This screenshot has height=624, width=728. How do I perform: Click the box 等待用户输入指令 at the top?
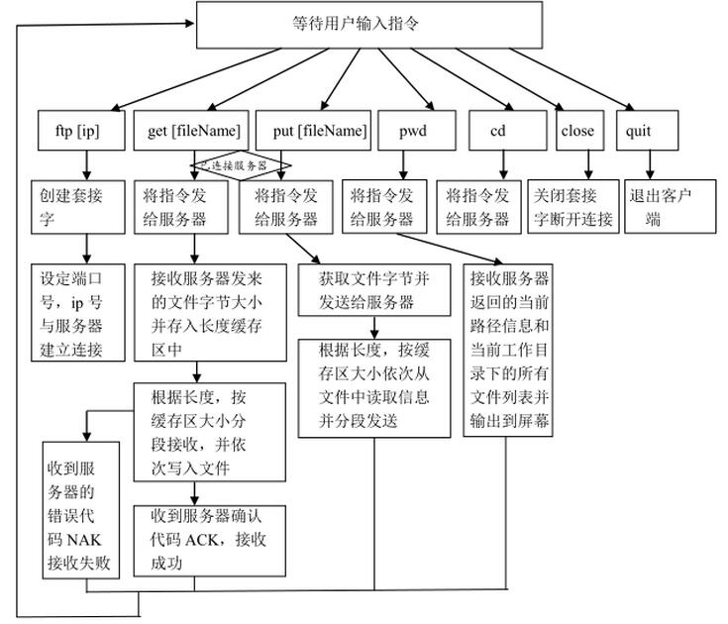tap(369, 25)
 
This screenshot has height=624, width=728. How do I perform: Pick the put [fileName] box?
tap(312, 131)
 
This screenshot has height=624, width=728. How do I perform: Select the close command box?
tap(577, 131)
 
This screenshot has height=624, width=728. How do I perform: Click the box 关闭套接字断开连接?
tap(573, 205)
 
